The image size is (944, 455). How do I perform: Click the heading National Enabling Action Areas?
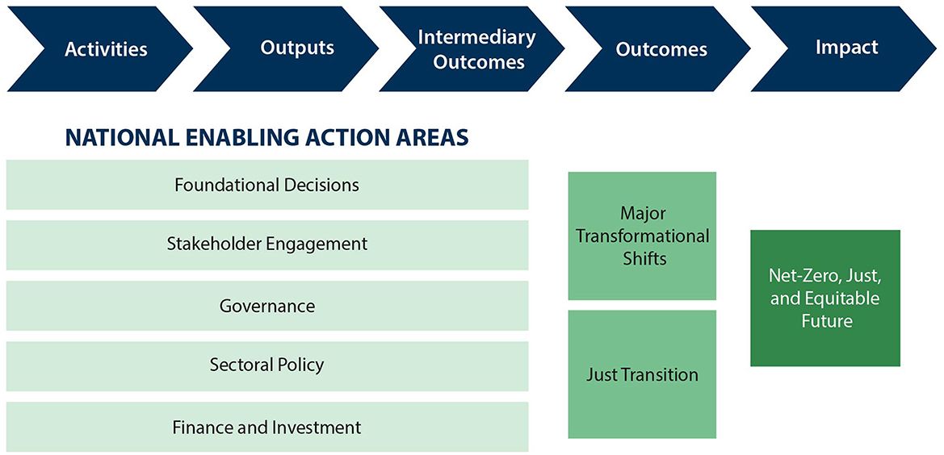(x=266, y=138)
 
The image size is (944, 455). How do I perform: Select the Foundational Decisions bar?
(x=266, y=185)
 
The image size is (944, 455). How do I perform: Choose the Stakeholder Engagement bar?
(x=266, y=244)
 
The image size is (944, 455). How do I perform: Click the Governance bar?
(x=266, y=306)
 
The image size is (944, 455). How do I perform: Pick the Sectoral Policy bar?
(x=266, y=365)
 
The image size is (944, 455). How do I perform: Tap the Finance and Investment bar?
(x=266, y=427)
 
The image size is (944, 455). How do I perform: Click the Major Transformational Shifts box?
(x=642, y=236)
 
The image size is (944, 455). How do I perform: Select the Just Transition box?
(x=642, y=374)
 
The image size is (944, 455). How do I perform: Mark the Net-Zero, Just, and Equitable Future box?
(x=824, y=298)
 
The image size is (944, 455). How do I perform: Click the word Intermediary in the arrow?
(x=476, y=37)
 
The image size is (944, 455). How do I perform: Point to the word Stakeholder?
(x=215, y=244)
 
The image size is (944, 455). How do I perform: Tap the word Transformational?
(x=643, y=236)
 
